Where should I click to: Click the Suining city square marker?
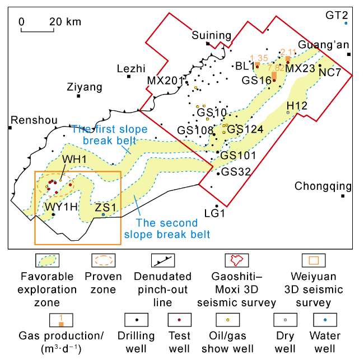pos(208,44)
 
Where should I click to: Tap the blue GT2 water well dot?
pos(346,23)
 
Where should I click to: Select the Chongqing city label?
pos(323,186)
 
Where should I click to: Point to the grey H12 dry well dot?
pos(288,113)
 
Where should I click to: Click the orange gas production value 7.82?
pos(276,68)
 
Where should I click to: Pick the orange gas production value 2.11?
pos(288,52)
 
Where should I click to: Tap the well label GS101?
pos(238,156)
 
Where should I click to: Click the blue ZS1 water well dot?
pos(103,214)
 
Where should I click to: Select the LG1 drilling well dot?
pos(217,206)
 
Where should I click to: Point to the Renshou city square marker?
pos(10,128)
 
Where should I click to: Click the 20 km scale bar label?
pos(65,22)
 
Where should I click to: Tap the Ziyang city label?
pos(85,87)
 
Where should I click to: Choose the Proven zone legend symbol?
pos(104,260)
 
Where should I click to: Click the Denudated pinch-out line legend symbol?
pos(163,260)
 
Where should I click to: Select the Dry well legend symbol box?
pos(285,320)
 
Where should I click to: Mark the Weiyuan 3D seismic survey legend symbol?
pos(314,260)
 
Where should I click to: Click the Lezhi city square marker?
pos(129,76)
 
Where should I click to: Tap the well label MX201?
pos(166,81)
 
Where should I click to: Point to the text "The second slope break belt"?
pos(167,228)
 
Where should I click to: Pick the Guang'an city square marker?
pos(349,54)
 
